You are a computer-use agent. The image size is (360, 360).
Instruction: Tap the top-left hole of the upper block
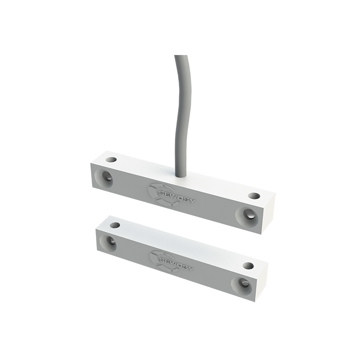(111, 160)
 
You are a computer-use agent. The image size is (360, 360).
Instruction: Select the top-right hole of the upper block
(254, 196)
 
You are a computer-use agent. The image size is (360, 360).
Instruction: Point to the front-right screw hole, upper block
(248, 215)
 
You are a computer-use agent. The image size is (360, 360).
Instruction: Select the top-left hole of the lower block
(115, 225)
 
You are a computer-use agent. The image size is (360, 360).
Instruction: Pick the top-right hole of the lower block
(248, 265)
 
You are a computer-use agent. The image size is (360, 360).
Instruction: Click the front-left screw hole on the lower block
(108, 242)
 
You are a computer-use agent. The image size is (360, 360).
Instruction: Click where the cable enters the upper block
(181, 173)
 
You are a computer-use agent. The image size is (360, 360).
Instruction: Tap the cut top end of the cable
(181, 56)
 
